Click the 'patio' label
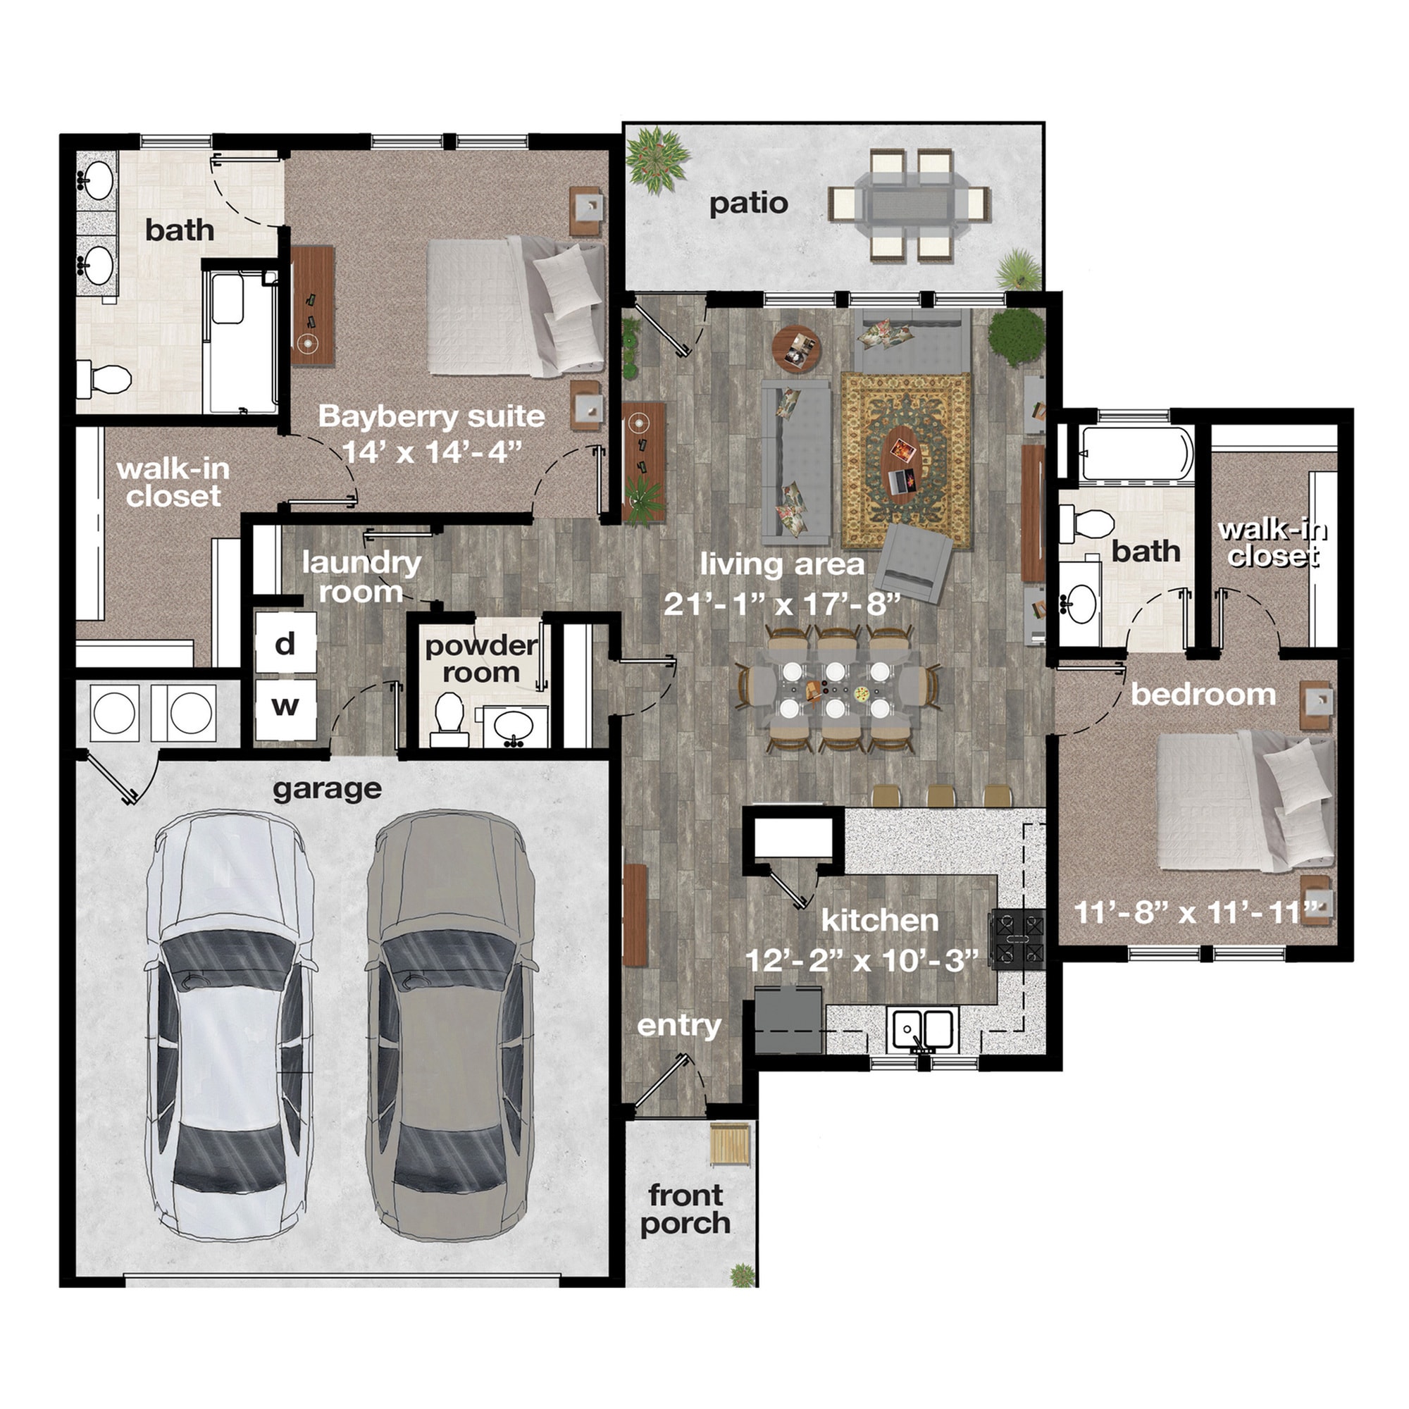tap(748, 204)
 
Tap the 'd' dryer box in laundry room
tap(285, 643)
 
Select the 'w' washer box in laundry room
tap(285, 707)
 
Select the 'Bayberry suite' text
tap(431, 416)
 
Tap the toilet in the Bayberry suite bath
tap(104, 378)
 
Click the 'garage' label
tap(327, 788)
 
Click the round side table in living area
tap(796, 348)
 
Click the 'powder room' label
tap(480, 659)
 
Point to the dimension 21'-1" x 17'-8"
tap(782, 604)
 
